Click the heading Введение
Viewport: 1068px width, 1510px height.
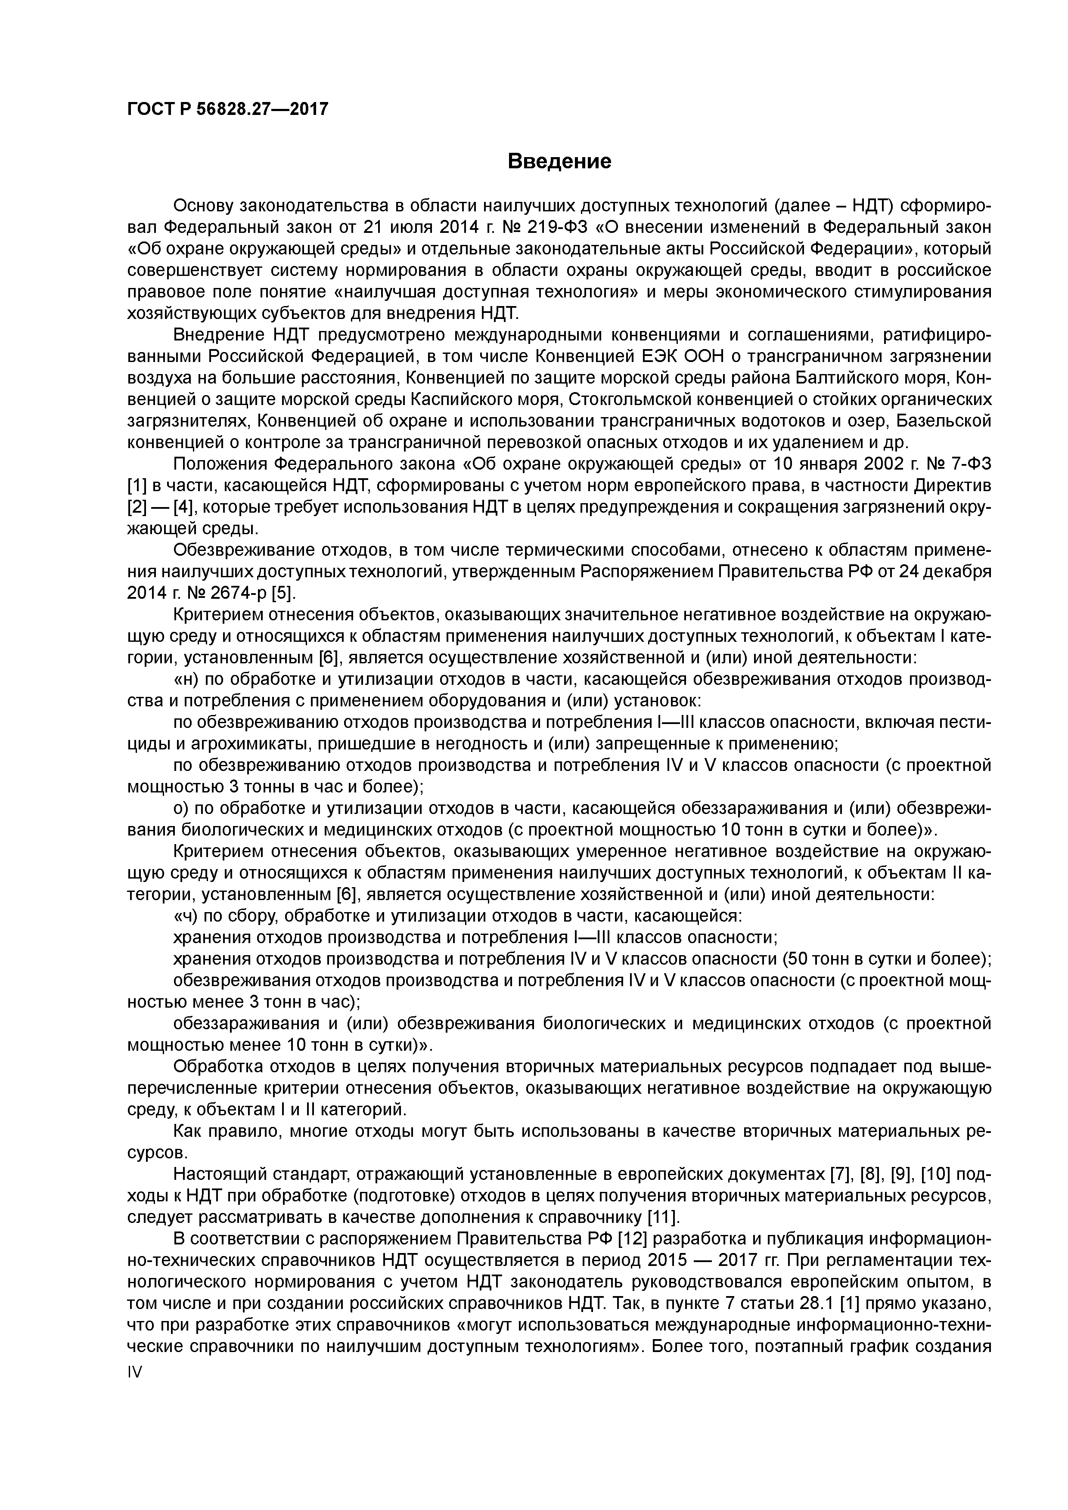point(559,161)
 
